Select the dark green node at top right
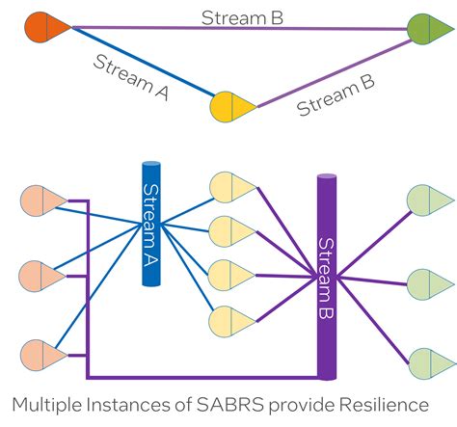click(423, 27)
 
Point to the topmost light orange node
click(41, 201)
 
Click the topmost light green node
click(424, 201)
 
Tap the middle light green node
click(424, 283)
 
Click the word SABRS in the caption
click(240, 403)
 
